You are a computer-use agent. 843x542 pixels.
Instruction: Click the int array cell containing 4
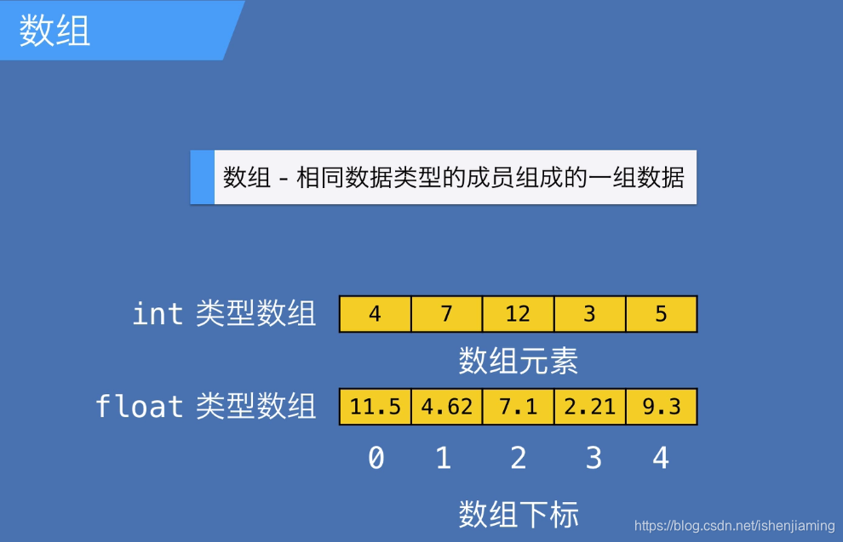point(375,314)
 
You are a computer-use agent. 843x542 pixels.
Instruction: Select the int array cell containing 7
point(446,314)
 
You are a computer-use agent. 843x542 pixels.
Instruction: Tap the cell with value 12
point(518,314)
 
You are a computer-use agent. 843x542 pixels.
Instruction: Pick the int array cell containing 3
point(589,314)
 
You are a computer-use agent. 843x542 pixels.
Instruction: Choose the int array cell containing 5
point(661,314)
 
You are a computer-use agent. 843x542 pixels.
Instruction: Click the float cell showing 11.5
point(375,407)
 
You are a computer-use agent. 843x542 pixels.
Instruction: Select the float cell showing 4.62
point(446,407)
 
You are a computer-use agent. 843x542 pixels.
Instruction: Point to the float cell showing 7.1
point(518,407)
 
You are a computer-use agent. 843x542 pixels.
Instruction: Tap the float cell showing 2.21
point(589,407)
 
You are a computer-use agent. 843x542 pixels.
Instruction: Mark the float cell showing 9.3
point(661,407)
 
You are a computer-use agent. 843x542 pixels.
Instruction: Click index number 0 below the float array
point(376,459)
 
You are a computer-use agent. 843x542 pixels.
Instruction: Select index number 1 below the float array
point(443,459)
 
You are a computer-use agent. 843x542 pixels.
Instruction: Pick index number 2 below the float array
point(518,459)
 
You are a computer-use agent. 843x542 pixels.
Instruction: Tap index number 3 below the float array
point(594,459)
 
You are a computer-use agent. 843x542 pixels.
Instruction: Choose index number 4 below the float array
point(661,459)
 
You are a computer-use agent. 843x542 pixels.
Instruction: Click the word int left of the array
point(158,314)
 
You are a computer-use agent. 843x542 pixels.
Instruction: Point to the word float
point(139,406)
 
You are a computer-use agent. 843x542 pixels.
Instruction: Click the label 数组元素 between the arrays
point(518,361)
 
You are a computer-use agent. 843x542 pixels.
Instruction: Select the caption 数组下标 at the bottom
point(518,514)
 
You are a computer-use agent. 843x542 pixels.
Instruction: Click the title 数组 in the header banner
point(54,31)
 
